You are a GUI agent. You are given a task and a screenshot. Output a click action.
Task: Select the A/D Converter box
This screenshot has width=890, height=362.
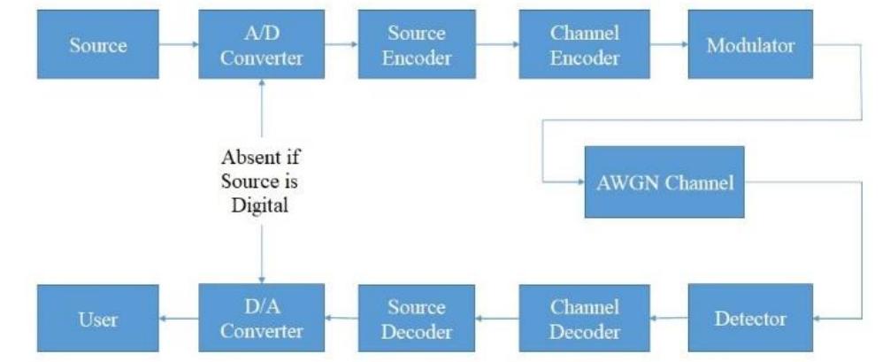[262, 46]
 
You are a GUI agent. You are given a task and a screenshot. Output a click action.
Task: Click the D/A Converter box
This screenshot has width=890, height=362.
[262, 319]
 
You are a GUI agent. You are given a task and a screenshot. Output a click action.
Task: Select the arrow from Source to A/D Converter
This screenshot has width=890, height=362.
[178, 46]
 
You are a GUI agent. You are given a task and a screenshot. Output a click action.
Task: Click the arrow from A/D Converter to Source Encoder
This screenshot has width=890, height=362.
[340, 46]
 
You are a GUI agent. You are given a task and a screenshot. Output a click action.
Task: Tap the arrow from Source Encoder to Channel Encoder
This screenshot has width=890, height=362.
[498, 46]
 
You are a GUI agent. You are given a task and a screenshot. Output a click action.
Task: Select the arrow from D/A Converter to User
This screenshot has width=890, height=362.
[178, 320]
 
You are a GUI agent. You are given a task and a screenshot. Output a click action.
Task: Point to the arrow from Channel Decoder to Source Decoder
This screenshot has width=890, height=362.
[498, 320]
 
